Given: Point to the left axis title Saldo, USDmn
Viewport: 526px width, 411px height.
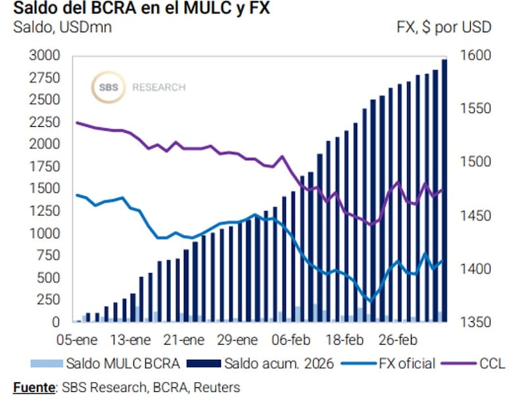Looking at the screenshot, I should click(x=62, y=28).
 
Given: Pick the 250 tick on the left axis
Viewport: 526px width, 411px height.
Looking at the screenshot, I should click(x=49, y=299).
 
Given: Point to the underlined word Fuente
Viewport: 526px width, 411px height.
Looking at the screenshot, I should click(x=34, y=387).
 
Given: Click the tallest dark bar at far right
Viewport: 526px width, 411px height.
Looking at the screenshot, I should click(x=444, y=190).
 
